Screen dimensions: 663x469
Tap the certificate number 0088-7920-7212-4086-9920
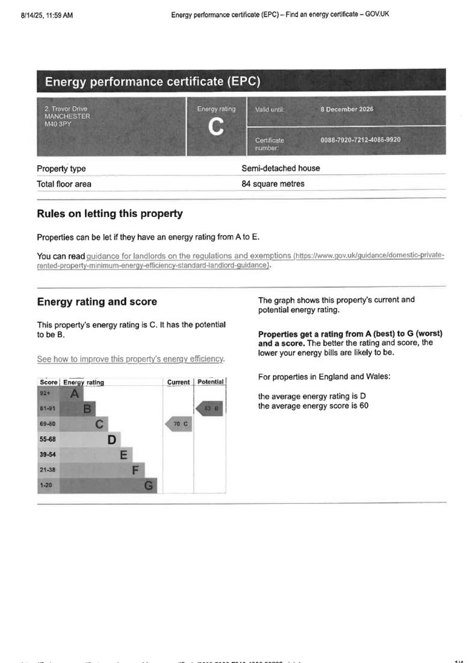pos(361,140)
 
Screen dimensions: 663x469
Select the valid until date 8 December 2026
pos(347,109)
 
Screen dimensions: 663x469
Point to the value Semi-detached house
pos(281,168)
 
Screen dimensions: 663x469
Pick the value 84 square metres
pos(273,184)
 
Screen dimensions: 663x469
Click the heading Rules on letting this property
pos(110,213)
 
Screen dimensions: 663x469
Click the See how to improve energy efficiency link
pos(131,359)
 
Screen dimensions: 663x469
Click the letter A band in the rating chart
pos(75,394)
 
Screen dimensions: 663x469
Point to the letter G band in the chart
pos(149,485)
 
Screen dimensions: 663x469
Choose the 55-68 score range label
pos(48,439)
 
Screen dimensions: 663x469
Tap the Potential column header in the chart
pos(211,382)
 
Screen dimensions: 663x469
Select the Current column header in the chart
pos(178,382)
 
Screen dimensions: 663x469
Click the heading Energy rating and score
pos(97,302)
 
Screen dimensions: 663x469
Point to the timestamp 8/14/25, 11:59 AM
pos(47,15)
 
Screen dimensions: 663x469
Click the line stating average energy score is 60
pos(313,406)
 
